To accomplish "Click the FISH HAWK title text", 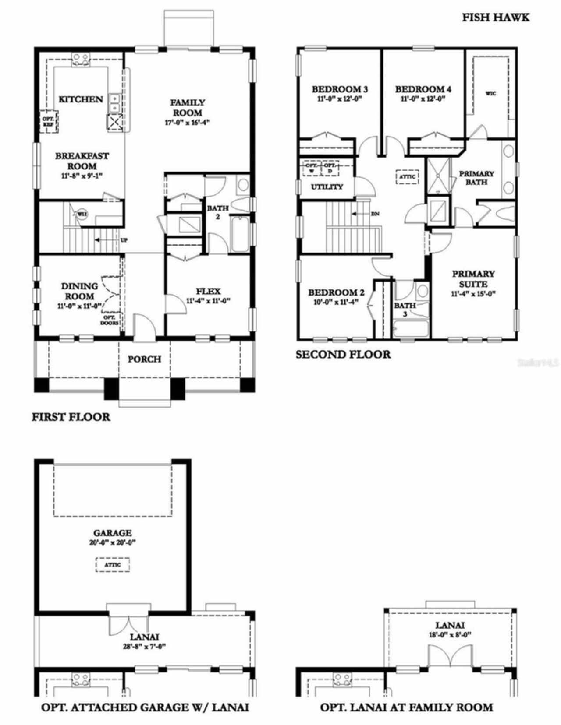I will (x=496, y=18).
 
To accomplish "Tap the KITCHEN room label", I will (x=81, y=99).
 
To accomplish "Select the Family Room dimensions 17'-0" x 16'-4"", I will (x=187, y=123).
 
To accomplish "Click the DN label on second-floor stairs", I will (x=375, y=214).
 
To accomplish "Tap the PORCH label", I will (x=144, y=359).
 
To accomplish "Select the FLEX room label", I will (x=208, y=291).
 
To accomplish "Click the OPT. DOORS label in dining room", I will (x=110, y=320).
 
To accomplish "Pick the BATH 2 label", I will (x=217, y=212).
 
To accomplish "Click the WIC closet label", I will (x=491, y=93).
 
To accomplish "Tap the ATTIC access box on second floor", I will (x=407, y=177).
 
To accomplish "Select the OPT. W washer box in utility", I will (x=311, y=169).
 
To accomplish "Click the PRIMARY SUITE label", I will (x=473, y=279).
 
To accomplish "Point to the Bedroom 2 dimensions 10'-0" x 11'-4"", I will (x=336, y=302).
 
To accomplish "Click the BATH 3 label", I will (x=405, y=310).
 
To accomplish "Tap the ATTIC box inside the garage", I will (x=113, y=565).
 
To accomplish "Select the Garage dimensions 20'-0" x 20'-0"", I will (x=113, y=542).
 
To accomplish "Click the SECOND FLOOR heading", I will (x=343, y=354).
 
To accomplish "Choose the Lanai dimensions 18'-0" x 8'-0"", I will (x=450, y=635).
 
